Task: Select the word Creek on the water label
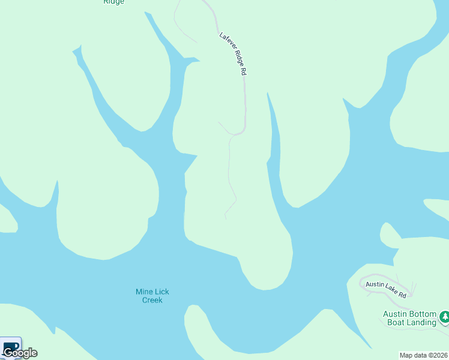[152, 300]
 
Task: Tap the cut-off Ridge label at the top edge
[113, 2]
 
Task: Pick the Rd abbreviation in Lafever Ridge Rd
[244, 71]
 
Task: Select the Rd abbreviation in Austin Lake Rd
[402, 295]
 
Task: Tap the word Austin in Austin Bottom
[396, 314]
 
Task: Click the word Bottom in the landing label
[424, 314]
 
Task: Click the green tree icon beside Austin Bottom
[445, 316]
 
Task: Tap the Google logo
[20, 353]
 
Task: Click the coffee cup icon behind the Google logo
[11, 346]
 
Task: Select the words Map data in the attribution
[413, 355]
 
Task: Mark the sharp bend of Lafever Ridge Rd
[243, 130]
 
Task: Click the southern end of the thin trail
[226, 218]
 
